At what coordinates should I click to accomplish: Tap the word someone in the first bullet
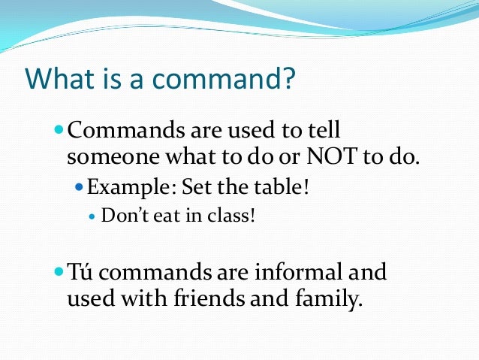(x=107, y=159)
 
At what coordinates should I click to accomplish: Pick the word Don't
(x=122, y=216)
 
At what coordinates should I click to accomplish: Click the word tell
(x=324, y=130)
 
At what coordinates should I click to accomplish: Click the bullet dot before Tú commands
(x=60, y=271)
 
